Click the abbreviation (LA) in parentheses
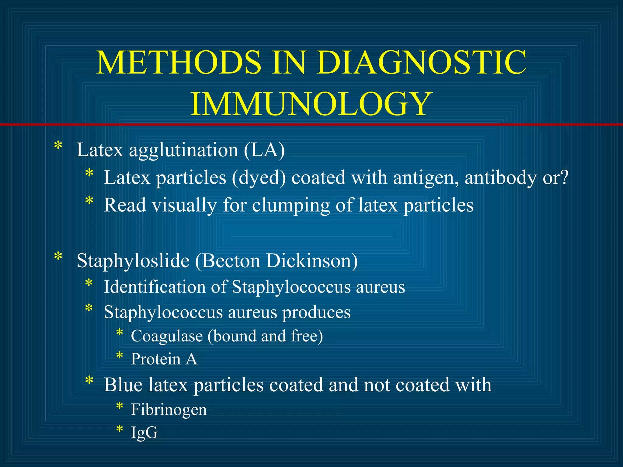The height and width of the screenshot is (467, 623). (264, 150)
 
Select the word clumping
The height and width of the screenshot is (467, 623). (291, 205)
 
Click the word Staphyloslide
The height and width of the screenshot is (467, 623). (133, 261)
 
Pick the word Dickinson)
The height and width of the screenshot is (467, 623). (312, 261)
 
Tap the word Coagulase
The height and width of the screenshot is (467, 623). (167, 336)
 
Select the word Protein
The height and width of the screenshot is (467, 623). (156, 359)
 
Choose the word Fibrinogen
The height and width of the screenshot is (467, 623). (169, 410)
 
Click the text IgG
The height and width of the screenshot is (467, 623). (144, 432)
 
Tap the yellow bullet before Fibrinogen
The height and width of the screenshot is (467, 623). (120, 406)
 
